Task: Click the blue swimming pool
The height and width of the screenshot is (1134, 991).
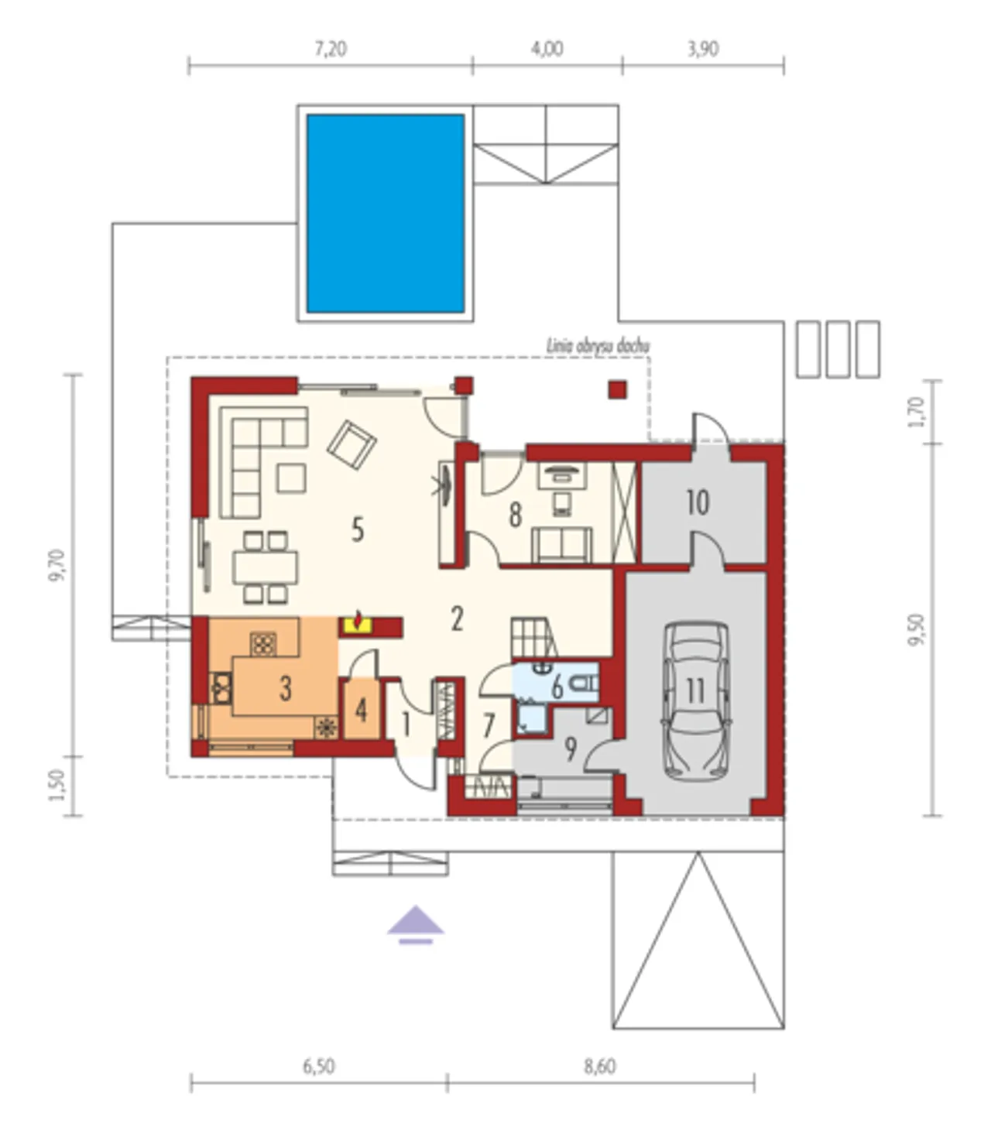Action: (x=386, y=214)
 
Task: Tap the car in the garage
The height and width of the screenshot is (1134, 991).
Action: (x=695, y=701)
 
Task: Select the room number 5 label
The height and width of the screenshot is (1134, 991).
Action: (x=358, y=530)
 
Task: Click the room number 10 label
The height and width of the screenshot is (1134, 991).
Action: (x=698, y=502)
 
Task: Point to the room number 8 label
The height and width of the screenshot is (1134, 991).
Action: (x=516, y=516)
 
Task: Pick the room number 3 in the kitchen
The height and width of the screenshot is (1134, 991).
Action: (x=285, y=689)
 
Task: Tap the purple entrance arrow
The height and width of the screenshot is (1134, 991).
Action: (x=415, y=927)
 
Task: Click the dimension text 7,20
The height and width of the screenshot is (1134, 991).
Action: (x=331, y=50)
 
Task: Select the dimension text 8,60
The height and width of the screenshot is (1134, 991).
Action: (x=600, y=1067)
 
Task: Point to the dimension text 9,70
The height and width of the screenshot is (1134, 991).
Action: (x=58, y=565)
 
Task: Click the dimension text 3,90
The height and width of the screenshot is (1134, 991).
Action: (x=703, y=50)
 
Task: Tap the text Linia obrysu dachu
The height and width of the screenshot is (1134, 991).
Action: (x=598, y=347)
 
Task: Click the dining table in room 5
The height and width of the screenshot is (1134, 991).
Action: (x=266, y=567)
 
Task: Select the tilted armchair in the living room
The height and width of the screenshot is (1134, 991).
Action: (x=352, y=445)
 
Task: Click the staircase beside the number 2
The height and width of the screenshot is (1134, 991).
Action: (x=533, y=637)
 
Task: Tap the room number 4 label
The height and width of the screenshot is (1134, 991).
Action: (x=361, y=711)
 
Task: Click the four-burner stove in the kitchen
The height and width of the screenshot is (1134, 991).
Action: (x=264, y=644)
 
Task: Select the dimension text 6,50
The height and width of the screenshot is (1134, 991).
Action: (x=319, y=1067)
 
